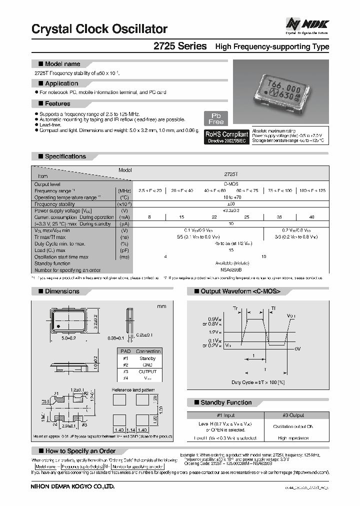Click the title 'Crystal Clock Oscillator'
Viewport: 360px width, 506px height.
click(99, 29)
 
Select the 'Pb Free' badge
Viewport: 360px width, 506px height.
click(216, 118)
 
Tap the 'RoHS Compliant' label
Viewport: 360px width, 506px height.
click(227, 134)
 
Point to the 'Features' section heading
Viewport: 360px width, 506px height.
click(57, 103)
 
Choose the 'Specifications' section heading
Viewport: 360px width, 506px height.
click(65, 156)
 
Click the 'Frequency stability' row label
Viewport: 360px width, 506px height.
click(55, 204)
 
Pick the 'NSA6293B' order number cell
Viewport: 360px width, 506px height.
click(230, 269)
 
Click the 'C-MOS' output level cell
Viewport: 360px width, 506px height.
click(230, 184)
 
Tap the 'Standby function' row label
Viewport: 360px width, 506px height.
click(52, 263)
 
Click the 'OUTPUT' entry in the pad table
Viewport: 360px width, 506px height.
click(147, 371)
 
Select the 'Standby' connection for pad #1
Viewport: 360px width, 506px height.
click(147, 358)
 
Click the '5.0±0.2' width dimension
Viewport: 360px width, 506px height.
click(68, 338)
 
